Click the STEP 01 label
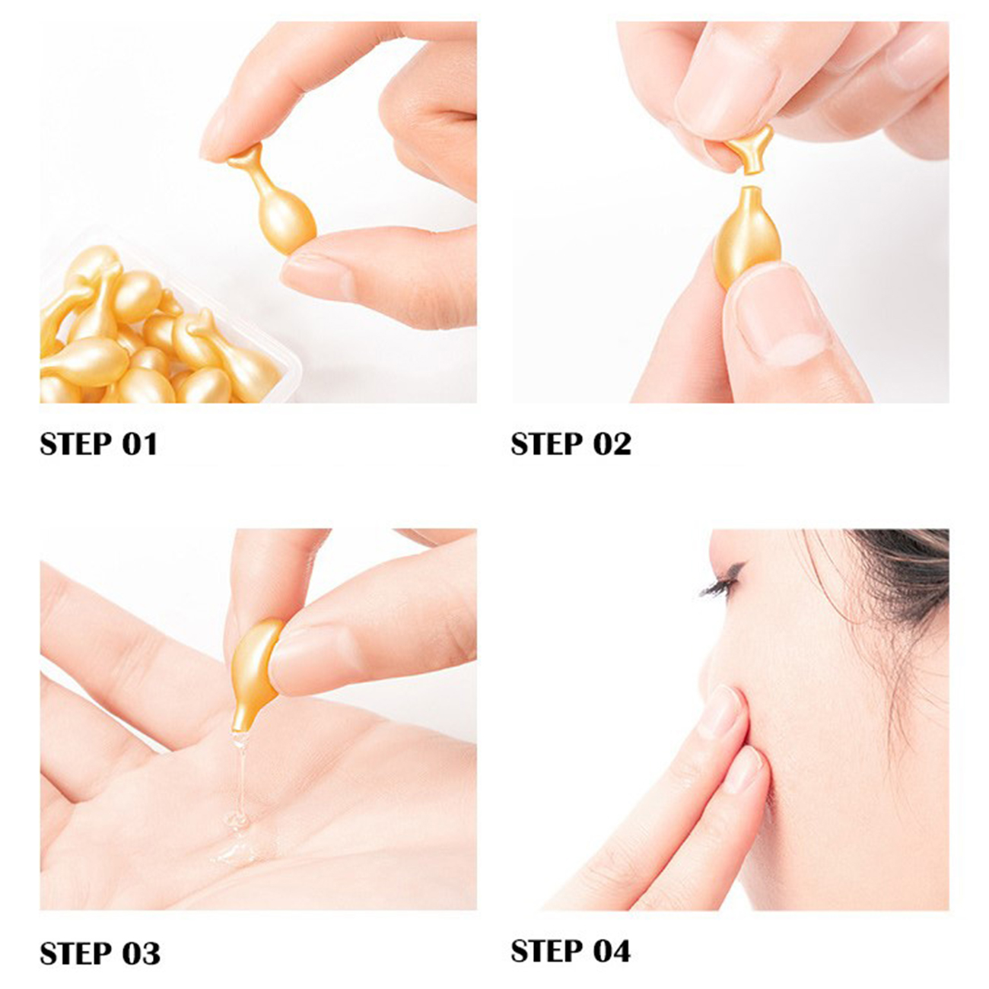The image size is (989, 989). click(99, 444)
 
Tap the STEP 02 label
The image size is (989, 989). click(571, 444)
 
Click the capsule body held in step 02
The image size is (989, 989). click(747, 236)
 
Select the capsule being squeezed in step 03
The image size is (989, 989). click(255, 673)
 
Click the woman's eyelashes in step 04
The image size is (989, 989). click(721, 583)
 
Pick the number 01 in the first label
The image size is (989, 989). click(139, 444)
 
